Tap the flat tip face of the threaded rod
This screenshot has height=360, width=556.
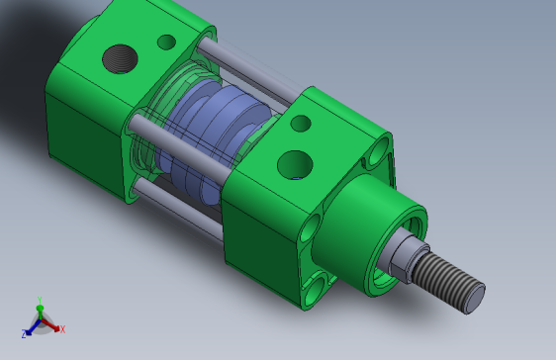pyautogui.click(x=475, y=299)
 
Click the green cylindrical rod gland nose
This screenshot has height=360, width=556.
pyautogui.click(x=369, y=233)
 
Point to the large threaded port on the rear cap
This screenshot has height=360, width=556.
pyautogui.click(x=120, y=58)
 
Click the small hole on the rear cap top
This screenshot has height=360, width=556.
pyautogui.click(x=166, y=42)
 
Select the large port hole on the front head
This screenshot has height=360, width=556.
pyautogui.click(x=295, y=165)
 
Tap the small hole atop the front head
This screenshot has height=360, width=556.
pyautogui.click(x=301, y=124)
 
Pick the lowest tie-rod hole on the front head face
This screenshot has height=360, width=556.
pyautogui.click(x=316, y=288)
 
